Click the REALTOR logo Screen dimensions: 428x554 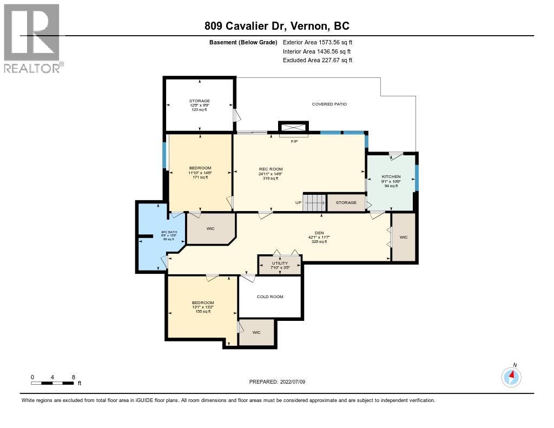click(x=32, y=38)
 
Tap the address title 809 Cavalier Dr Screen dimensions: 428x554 click(x=276, y=26)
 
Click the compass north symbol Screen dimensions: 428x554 click(x=511, y=377)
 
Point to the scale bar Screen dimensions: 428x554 click(x=52, y=383)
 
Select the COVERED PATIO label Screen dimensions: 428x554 click(x=329, y=104)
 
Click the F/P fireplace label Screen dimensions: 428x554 click(x=294, y=141)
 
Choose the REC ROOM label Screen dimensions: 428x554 click(x=271, y=169)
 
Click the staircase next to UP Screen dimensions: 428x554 click(x=314, y=202)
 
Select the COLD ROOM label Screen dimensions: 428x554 click(x=270, y=297)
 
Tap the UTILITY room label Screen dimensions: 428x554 click(x=280, y=263)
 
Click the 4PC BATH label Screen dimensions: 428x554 click(x=154, y=232)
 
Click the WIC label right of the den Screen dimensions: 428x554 click(x=404, y=237)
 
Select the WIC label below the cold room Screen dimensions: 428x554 click(x=256, y=332)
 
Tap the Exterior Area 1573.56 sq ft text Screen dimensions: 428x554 click(x=318, y=42)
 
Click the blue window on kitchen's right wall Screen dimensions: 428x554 click(x=417, y=177)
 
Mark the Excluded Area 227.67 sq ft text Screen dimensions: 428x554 click(x=318, y=61)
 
